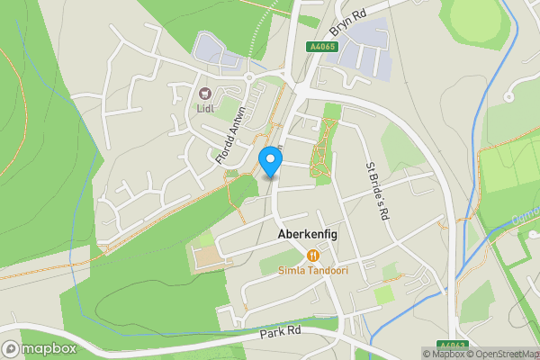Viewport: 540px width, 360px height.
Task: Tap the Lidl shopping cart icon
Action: click(x=204, y=93)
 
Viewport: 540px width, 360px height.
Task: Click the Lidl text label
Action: click(x=204, y=110)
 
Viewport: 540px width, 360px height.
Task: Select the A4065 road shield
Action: click(x=321, y=46)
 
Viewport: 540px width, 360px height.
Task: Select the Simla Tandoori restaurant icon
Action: click(x=313, y=255)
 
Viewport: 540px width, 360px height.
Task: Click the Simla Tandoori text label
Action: click(x=313, y=270)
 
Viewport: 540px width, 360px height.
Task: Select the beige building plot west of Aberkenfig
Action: click(x=206, y=256)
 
